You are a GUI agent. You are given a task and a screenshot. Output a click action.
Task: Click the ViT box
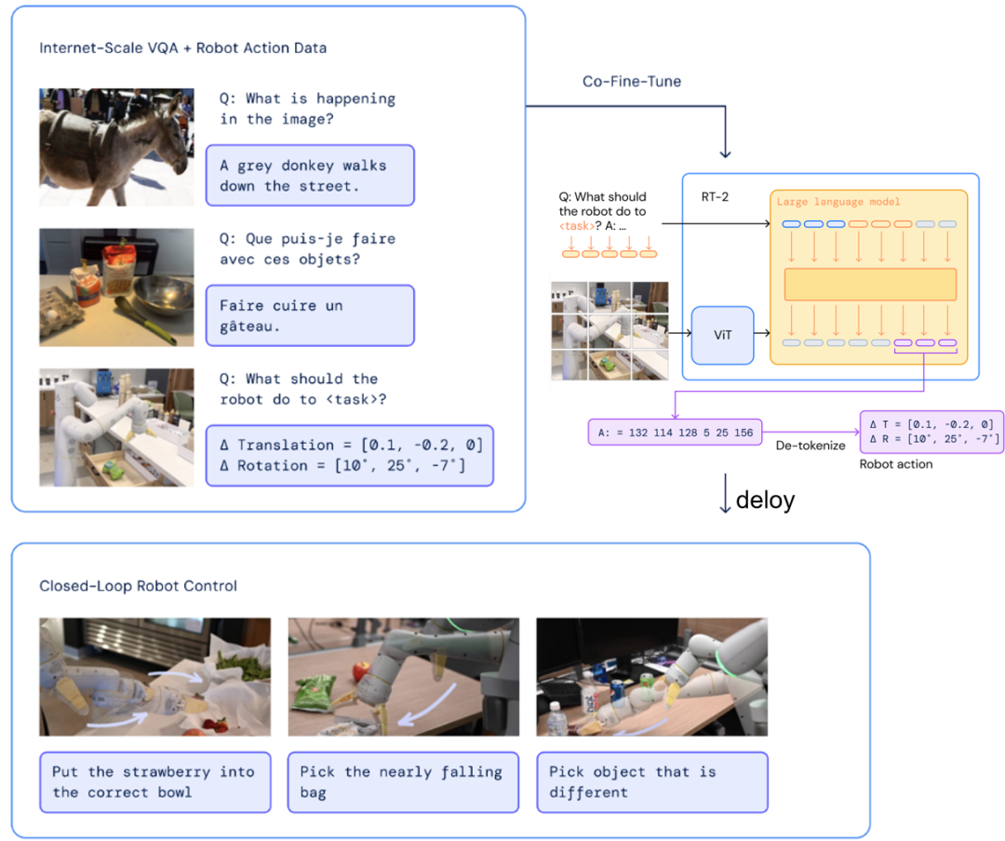pyautogui.click(x=722, y=335)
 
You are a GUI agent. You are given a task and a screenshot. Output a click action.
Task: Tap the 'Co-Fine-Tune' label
pyautogui.click(x=631, y=82)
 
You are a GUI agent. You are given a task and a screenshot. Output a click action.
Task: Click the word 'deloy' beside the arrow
pyautogui.click(x=765, y=500)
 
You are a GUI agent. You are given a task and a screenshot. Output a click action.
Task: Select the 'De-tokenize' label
pyautogui.click(x=811, y=446)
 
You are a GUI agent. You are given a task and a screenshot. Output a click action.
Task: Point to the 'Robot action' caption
pyautogui.click(x=896, y=464)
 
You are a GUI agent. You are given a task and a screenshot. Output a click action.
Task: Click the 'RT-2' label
pyautogui.click(x=715, y=197)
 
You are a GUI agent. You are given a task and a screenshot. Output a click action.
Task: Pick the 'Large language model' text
pyautogui.click(x=838, y=202)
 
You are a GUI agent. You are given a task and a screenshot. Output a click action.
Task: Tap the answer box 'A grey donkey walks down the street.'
pyautogui.click(x=310, y=176)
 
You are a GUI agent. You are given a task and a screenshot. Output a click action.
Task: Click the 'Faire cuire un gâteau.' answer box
pyautogui.click(x=310, y=315)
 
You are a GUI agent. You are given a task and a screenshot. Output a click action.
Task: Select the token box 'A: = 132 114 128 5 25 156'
pyautogui.click(x=675, y=433)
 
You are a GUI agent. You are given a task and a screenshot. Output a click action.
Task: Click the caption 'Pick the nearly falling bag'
pyautogui.click(x=403, y=782)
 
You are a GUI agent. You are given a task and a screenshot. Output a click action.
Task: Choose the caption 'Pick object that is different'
pyautogui.click(x=651, y=782)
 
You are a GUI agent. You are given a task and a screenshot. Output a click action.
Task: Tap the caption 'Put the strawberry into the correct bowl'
pyautogui.click(x=155, y=782)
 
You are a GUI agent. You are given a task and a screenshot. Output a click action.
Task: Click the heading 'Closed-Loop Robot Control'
pyautogui.click(x=139, y=586)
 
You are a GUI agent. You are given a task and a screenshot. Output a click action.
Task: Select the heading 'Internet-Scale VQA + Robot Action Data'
pyautogui.click(x=182, y=48)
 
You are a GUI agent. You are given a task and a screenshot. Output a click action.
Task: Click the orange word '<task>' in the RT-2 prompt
pyautogui.click(x=576, y=226)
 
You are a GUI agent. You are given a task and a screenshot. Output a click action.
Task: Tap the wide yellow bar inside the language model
pyautogui.click(x=870, y=284)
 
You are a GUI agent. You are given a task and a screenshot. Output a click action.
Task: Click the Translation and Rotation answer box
pyautogui.click(x=349, y=456)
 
